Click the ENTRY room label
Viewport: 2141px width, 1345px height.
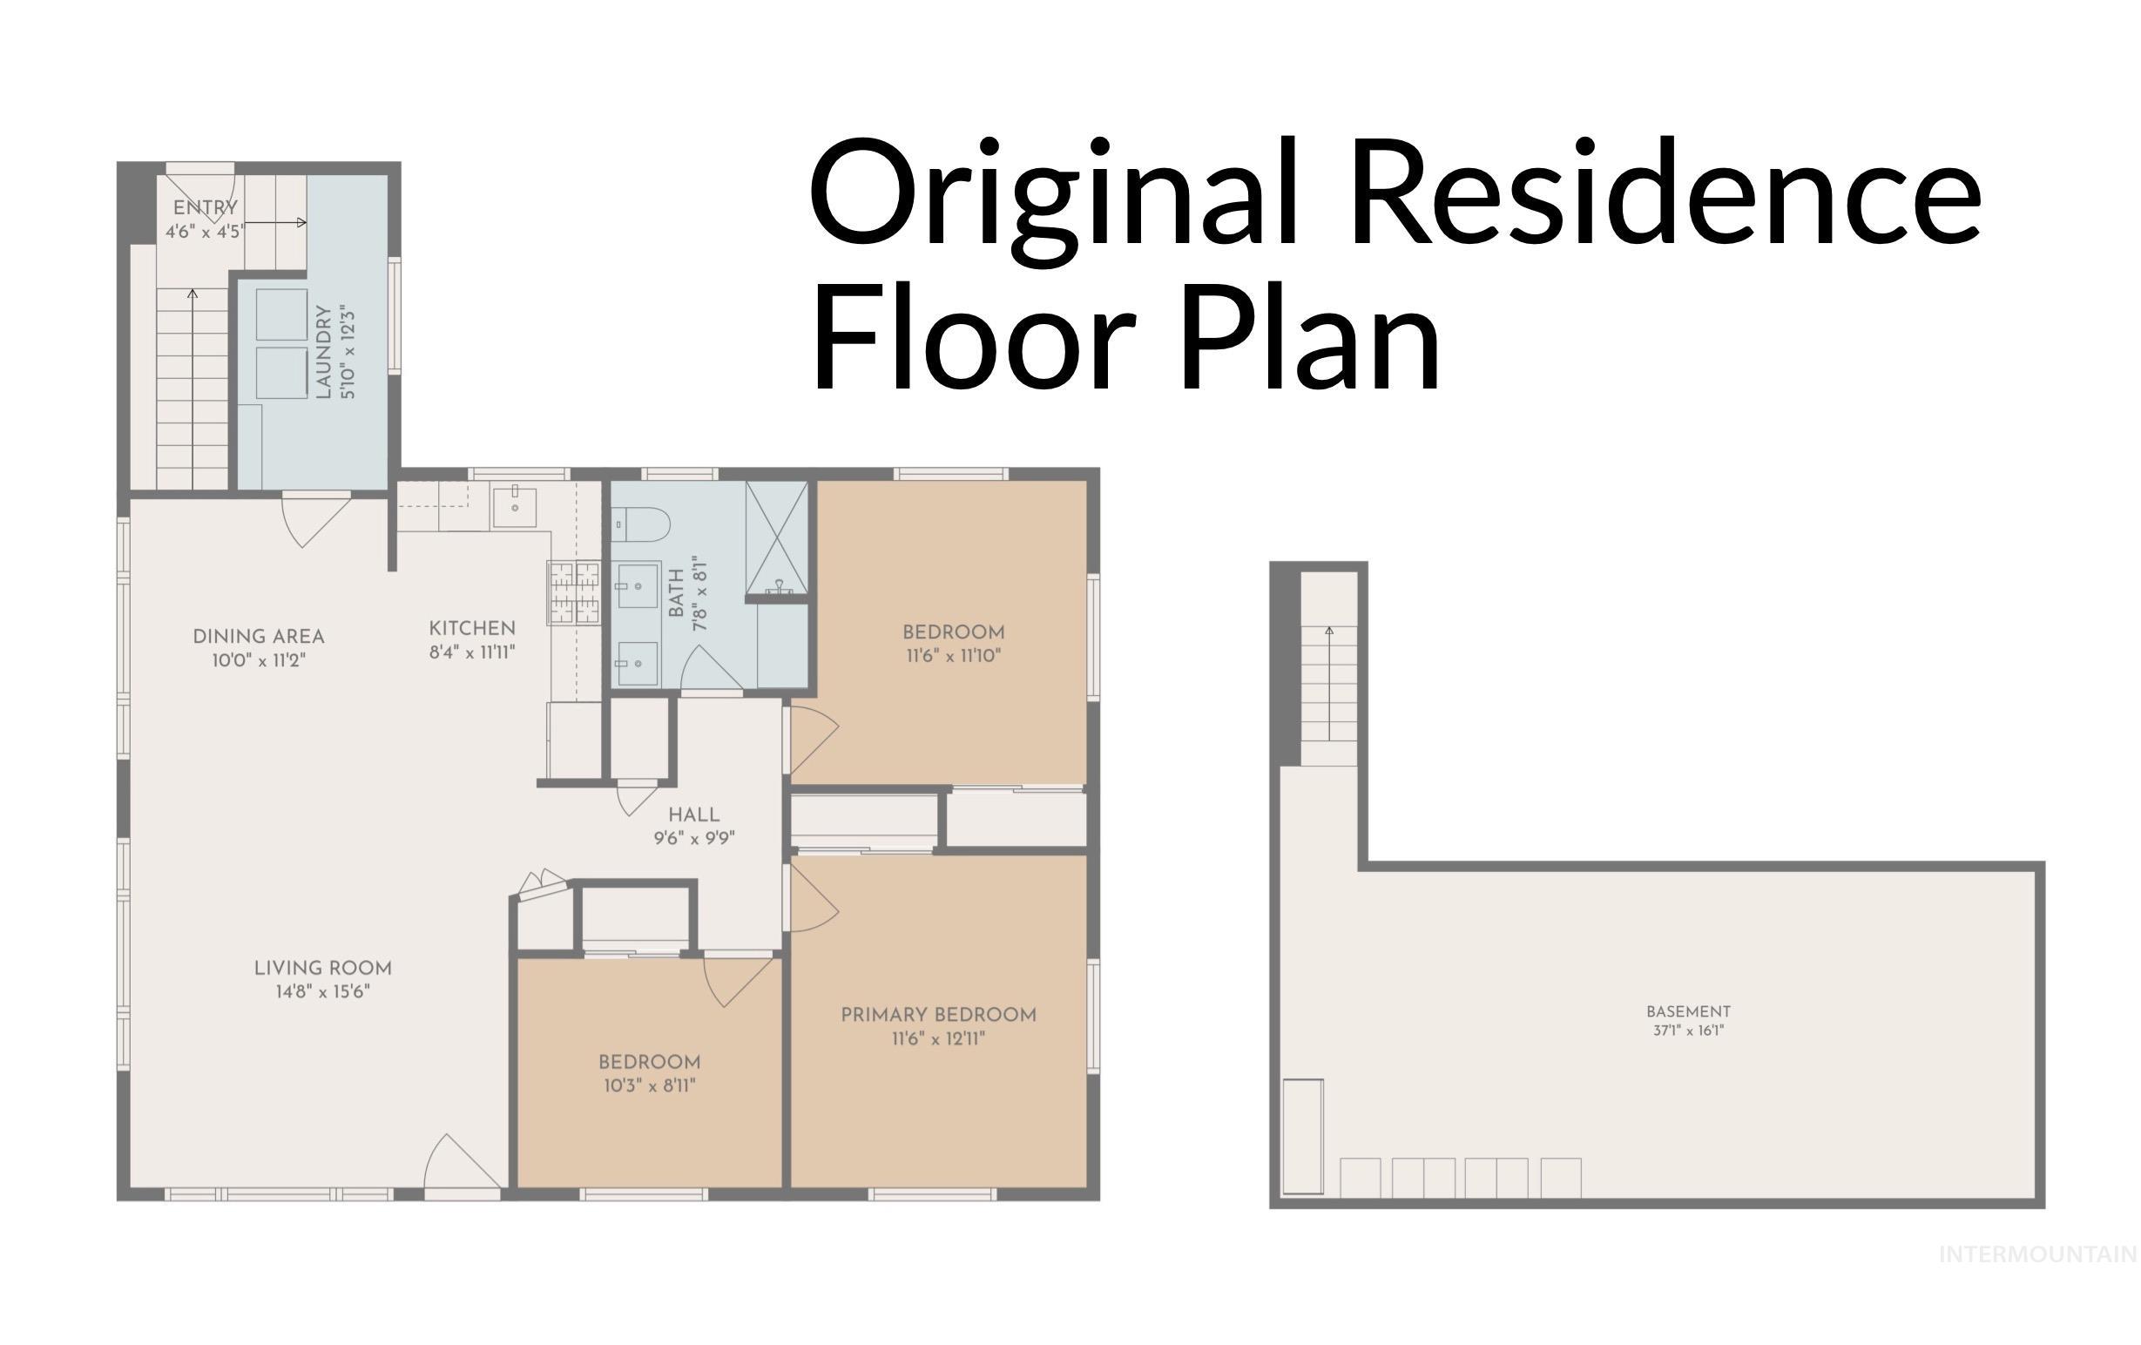[206, 208]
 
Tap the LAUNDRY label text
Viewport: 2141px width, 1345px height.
[324, 352]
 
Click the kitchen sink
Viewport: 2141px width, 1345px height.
[514, 507]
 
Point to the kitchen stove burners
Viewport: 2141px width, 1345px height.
[573, 593]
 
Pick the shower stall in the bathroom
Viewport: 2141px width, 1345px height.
[776, 538]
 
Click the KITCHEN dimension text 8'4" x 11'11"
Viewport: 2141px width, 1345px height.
[472, 652]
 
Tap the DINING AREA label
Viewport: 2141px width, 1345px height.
[259, 637]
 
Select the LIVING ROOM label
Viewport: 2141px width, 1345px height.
[323, 968]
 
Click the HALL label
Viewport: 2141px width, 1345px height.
[694, 814]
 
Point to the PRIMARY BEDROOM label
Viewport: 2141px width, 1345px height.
[939, 1014]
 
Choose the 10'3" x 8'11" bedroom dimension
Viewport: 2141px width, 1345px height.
[650, 1085]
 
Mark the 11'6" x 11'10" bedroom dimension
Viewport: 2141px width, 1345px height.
[954, 656]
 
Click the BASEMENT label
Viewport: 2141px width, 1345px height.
[1688, 1010]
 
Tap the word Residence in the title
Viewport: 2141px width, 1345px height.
[1665, 196]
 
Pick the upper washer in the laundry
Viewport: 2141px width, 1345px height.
[282, 314]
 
